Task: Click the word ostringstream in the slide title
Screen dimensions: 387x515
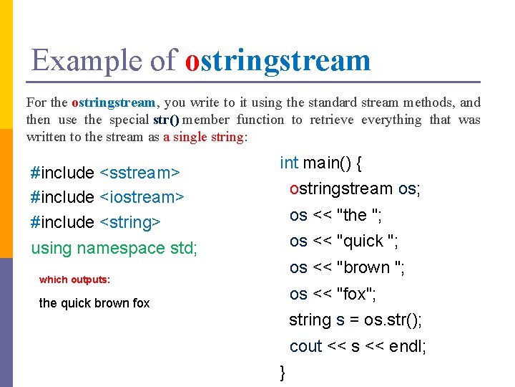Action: [278, 60]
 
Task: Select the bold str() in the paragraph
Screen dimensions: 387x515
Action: [166, 120]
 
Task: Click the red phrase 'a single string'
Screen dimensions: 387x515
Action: [203, 137]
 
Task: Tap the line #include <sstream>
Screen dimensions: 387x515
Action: [104, 173]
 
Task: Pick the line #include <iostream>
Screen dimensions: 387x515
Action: [108, 197]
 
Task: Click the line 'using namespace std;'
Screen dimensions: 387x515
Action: [114, 248]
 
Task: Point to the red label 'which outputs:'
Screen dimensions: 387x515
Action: [74, 279]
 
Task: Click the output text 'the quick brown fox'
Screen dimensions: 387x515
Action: [94, 303]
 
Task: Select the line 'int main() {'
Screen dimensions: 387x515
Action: [320, 163]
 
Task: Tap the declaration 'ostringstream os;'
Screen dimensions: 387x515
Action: [355, 189]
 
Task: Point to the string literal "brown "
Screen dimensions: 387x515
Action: [371, 267]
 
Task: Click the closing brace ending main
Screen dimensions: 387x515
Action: [283, 371]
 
